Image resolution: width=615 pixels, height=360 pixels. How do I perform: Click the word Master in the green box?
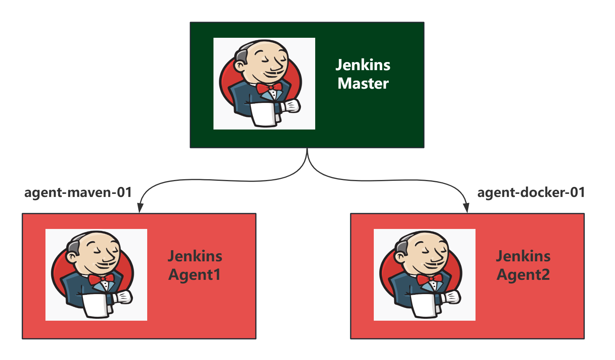coord(363,84)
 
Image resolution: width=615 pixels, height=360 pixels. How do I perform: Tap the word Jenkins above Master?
coord(363,65)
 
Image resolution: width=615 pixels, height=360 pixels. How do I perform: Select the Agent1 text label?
coord(195,275)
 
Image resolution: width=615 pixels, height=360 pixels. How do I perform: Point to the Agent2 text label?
coord(523,275)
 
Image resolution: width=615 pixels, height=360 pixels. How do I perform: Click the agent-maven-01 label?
coord(78,192)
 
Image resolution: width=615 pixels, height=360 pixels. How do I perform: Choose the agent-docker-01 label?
coord(531,192)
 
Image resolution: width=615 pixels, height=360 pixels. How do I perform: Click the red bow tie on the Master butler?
coord(269,88)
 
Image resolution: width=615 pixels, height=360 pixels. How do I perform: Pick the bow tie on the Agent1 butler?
coord(101,279)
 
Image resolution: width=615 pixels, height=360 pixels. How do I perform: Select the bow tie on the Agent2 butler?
coord(429,279)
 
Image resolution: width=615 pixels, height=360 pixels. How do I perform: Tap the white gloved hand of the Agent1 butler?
coord(124,297)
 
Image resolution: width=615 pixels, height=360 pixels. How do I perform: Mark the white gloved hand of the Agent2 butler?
coord(452,297)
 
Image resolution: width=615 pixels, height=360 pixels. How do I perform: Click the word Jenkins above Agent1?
coord(195,256)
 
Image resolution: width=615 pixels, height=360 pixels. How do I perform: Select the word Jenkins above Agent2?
coord(523,256)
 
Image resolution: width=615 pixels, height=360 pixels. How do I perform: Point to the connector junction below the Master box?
coord(307,154)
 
